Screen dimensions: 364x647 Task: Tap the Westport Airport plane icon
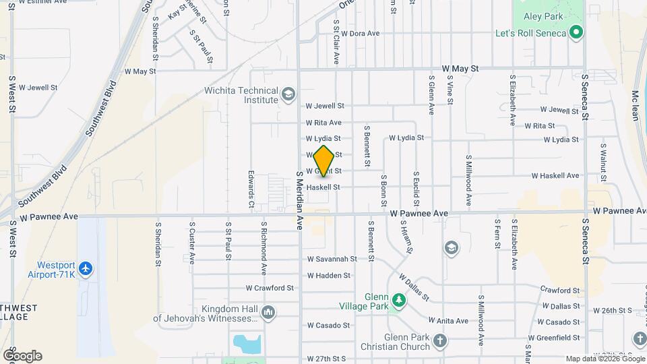tap(86, 269)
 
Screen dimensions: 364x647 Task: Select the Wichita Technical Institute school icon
tap(288, 94)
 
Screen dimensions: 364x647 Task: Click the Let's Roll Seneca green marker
tap(576, 32)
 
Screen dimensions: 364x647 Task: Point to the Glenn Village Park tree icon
tap(399, 300)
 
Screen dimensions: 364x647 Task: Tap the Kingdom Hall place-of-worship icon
tap(268, 312)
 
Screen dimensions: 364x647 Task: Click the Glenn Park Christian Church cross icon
tap(440, 340)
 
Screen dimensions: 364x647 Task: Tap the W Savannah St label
tap(332, 259)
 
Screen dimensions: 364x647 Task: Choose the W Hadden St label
tap(329, 275)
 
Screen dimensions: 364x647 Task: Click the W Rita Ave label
tap(323, 123)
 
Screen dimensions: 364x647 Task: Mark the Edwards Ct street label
tap(251, 189)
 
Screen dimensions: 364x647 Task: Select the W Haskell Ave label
tap(555, 175)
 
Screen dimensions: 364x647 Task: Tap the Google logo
tap(22, 356)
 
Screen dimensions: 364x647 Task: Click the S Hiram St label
tap(406, 237)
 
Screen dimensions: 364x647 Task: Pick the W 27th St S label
tap(326, 359)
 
